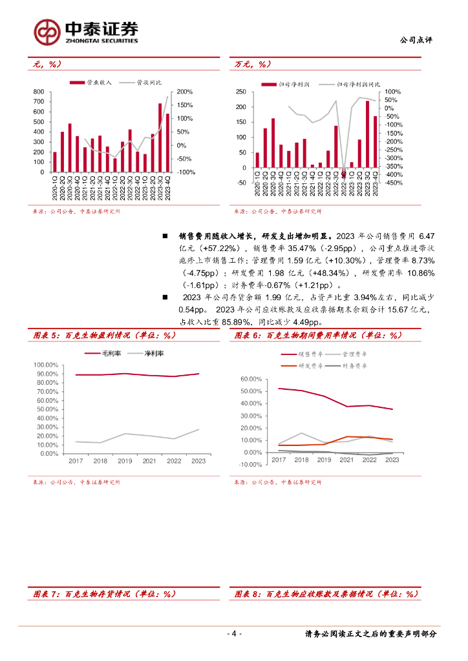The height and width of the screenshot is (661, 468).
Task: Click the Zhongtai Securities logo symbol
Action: click(47, 32)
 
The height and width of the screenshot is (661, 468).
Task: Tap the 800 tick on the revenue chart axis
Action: click(37, 92)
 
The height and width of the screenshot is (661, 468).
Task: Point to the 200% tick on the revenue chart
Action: click(186, 92)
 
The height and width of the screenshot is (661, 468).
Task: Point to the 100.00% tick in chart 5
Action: click(47, 365)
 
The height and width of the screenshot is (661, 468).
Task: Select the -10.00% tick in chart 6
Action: click(251, 465)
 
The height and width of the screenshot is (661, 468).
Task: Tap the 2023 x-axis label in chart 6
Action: click(392, 460)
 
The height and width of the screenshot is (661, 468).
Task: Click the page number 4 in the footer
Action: click(235, 633)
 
